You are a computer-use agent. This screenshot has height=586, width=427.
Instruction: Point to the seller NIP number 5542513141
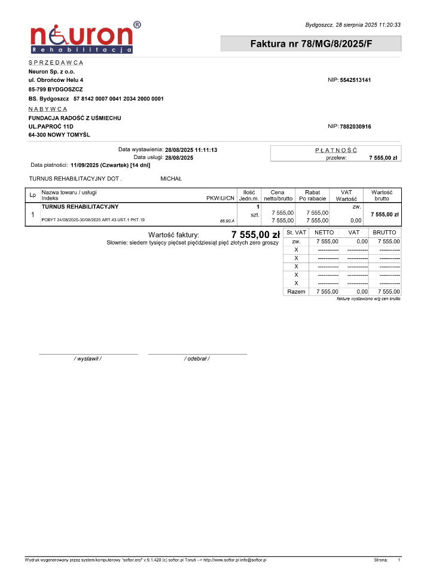(355, 80)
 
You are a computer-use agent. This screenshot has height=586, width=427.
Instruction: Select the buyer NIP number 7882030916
(355, 126)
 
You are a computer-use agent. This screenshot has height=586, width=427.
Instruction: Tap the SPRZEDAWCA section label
(56, 62)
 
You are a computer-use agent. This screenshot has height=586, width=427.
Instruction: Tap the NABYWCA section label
(48, 109)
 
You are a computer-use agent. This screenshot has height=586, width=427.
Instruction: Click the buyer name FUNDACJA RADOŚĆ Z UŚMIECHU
(75, 118)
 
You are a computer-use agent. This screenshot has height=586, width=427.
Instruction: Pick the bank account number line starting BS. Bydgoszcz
(96, 98)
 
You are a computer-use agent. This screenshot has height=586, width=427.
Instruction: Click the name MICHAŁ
(171, 179)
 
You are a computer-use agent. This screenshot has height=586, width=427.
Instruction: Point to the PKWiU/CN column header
(220, 198)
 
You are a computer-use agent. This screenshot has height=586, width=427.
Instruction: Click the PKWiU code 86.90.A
(227, 221)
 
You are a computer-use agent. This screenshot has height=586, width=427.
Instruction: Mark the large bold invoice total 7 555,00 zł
(255, 234)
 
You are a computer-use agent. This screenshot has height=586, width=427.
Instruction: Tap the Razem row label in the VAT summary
(296, 291)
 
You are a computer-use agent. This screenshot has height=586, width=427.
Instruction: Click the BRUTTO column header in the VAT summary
(385, 232)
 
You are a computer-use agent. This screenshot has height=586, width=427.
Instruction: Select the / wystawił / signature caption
(88, 358)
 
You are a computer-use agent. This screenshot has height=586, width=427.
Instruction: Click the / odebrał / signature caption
(197, 358)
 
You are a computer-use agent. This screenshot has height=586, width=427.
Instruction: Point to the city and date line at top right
(352, 25)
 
